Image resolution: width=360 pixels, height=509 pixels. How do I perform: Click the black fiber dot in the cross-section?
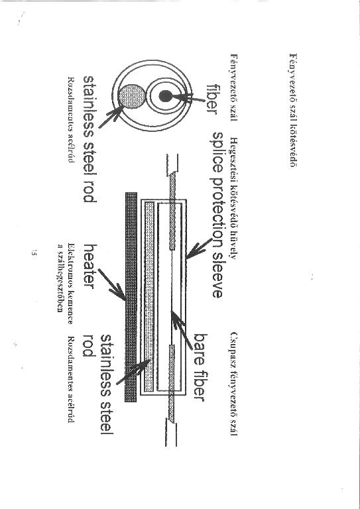click(166, 96)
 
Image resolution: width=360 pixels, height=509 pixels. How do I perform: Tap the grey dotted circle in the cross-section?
click(131, 96)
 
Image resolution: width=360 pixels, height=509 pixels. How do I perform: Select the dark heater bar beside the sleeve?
click(131, 297)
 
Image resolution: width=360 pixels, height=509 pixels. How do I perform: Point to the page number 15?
click(33, 253)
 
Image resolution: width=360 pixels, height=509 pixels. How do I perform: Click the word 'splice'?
click(217, 152)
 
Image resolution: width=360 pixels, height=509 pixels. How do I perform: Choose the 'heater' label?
click(90, 266)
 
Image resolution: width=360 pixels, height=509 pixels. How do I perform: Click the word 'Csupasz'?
click(234, 345)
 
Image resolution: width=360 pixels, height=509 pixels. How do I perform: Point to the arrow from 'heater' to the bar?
click(111, 285)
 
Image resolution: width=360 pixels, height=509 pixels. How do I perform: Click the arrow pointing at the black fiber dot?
click(188, 97)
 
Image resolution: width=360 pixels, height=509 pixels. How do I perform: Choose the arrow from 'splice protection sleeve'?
click(199, 249)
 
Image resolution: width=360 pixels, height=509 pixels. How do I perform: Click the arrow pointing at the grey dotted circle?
click(110, 117)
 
